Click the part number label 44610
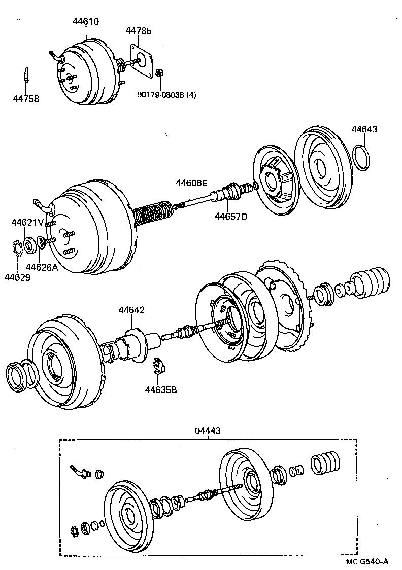[85, 22]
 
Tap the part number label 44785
[139, 31]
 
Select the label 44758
[26, 99]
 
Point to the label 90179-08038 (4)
[166, 94]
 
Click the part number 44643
[364, 129]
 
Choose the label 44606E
[191, 183]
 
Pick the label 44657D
[230, 217]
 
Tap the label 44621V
[27, 222]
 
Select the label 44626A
[42, 267]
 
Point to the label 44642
[131, 310]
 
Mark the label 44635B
[161, 390]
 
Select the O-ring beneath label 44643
[361, 158]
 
